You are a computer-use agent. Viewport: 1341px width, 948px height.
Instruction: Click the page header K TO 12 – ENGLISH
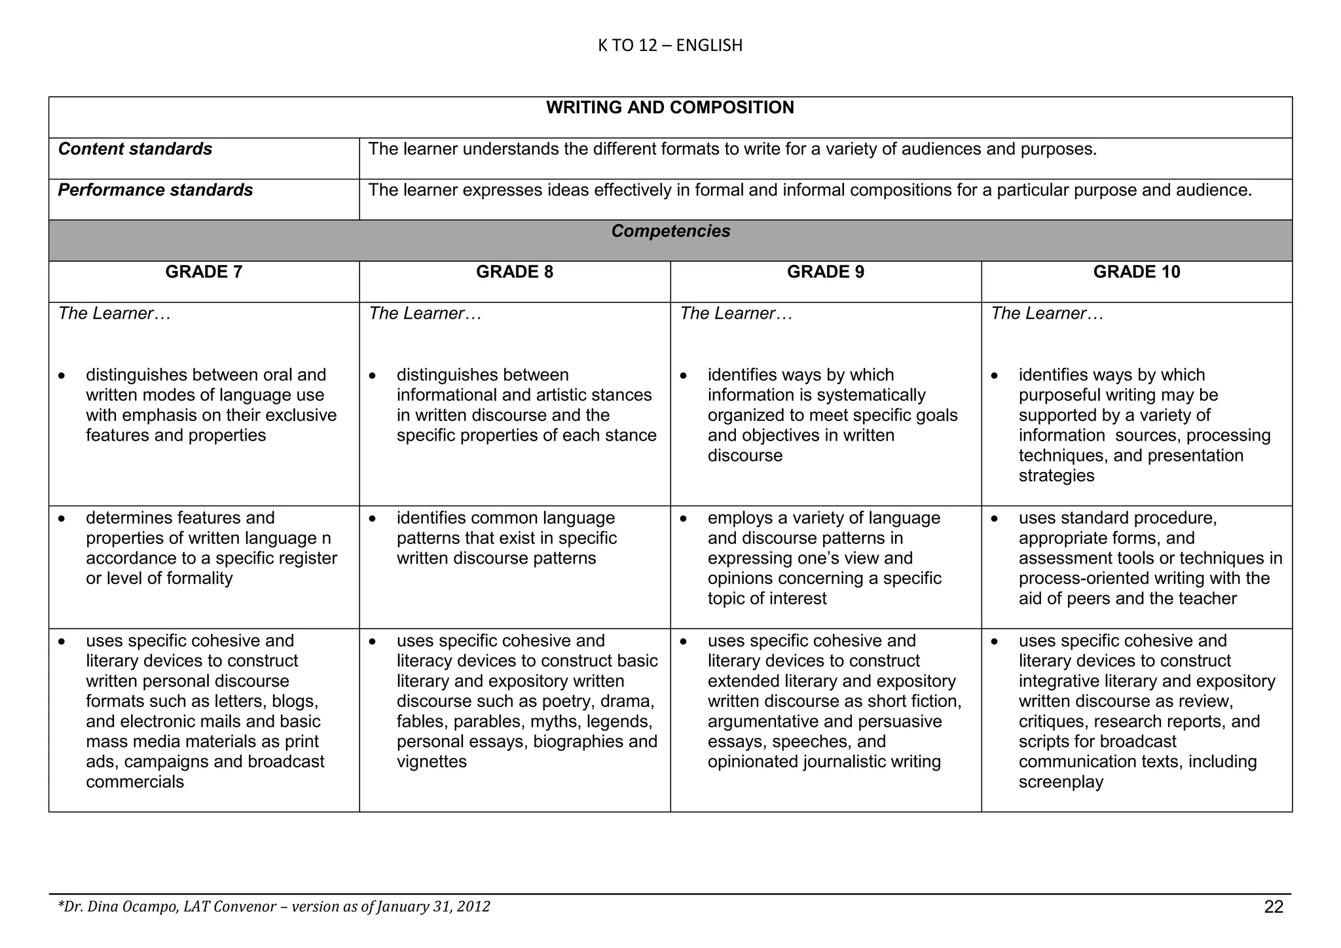(x=670, y=45)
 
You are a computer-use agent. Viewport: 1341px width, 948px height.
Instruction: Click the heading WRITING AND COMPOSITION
(x=670, y=108)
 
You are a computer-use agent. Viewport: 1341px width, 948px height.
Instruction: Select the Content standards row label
(x=135, y=149)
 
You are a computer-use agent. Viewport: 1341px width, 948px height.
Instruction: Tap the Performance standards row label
(x=155, y=191)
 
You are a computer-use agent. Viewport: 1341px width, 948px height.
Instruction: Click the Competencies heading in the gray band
(x=670, y=231)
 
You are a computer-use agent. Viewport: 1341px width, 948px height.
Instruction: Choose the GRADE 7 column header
(x=204, y=272)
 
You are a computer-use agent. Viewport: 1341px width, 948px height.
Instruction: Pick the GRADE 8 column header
(x=515, y=272)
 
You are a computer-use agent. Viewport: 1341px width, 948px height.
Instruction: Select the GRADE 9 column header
(x=825, y=272)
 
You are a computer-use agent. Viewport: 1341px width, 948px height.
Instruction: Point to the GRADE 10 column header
(x=1136, y=272)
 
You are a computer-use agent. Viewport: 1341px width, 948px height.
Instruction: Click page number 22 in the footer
(x=1274, y=907)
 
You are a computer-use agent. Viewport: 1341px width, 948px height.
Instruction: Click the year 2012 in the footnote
(x=473, y=907)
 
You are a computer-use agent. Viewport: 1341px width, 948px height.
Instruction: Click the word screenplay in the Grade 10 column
(x=1061, y=782)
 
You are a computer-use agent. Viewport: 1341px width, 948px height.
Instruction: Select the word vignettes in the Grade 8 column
(x=432, y=762)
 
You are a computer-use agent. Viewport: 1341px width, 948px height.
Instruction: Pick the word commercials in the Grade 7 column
(x=135, y=782)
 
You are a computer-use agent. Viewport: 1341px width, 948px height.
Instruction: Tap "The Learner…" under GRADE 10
(x=1047, y=314)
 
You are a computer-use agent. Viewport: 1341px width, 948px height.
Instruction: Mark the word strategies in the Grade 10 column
(x=1056, y=476)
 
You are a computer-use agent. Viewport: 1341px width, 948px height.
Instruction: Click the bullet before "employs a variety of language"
(x=683, y=519)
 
